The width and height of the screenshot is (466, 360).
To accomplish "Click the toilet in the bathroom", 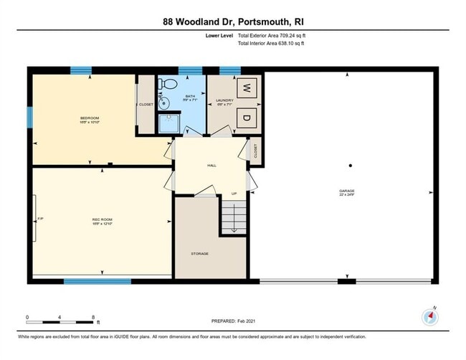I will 168,84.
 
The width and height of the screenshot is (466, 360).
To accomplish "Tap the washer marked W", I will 245,89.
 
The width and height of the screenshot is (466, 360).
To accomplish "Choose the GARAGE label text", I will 347,191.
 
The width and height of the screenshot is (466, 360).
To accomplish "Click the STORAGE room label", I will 199,255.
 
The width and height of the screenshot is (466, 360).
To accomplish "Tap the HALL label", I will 211,166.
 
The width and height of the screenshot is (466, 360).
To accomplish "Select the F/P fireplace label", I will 40,219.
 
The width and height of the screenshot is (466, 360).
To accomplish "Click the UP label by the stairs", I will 234,193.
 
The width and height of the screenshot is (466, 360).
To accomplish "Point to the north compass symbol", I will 432,317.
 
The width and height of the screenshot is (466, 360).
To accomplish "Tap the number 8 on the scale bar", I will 93,316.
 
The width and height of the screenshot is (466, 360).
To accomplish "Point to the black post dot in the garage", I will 350,166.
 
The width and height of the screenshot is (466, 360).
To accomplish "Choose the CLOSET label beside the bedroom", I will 146,105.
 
